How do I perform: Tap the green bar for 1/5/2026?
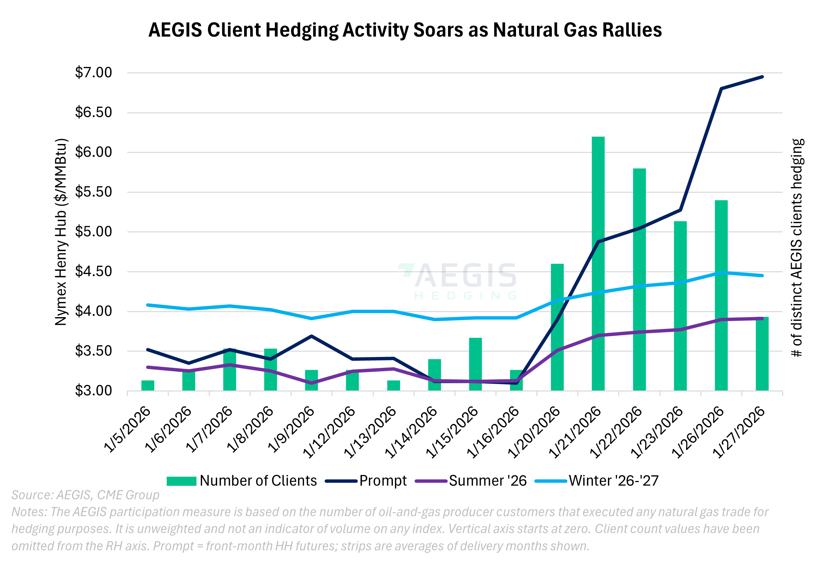(148, 385)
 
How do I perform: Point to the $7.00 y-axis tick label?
(93, 73)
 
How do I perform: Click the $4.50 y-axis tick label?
(93, 271)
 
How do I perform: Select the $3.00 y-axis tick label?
(93, 390)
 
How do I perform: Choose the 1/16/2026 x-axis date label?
(493, 432)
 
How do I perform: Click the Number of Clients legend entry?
(242, 481)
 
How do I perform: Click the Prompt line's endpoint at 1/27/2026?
(762, 77)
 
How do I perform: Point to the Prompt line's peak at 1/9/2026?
(311, 336)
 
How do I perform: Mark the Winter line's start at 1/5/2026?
(148, 305)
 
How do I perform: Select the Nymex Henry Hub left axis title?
(61, 232)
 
